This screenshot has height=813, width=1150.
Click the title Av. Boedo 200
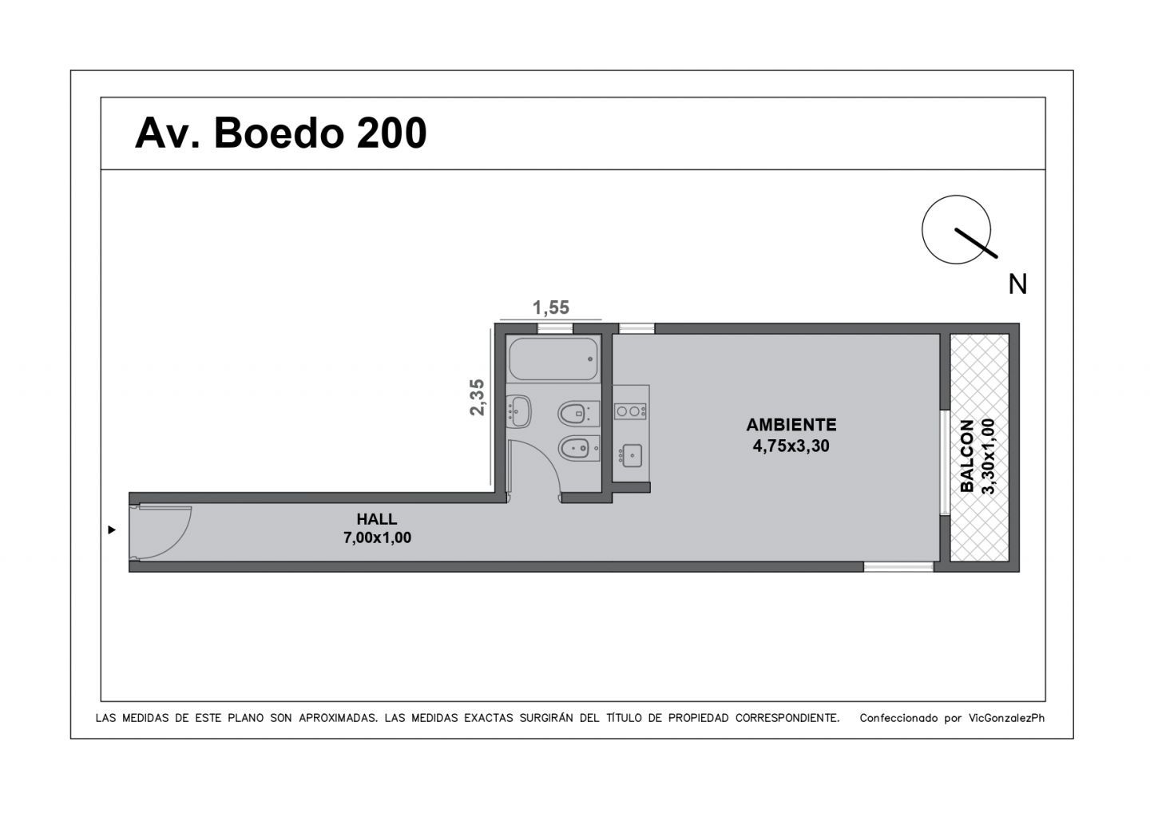click(281, 133)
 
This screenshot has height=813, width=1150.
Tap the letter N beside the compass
click(1017, 284)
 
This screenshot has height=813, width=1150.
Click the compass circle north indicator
click(956, 229)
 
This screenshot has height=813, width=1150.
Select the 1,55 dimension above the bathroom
click(551, 307)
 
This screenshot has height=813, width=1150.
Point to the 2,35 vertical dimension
click(477, 397)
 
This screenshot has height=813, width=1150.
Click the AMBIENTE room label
click(791, 425)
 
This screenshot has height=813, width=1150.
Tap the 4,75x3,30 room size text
click(791, 446)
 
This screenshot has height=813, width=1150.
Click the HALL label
click(377, 519)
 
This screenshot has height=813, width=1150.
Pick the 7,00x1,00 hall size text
click(377, 537)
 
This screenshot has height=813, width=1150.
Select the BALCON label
click(967, 456)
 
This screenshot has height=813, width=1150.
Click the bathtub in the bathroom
click(553, 359)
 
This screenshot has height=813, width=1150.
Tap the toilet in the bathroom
click(578, 413)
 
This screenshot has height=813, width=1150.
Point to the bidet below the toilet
click(578, 449)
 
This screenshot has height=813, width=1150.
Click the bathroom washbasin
click(518, 411)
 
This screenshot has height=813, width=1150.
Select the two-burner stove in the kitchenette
click(630, 411)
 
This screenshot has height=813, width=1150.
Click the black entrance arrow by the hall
click(112, 529)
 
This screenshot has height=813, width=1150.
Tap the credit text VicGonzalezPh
click(1006, 718)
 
